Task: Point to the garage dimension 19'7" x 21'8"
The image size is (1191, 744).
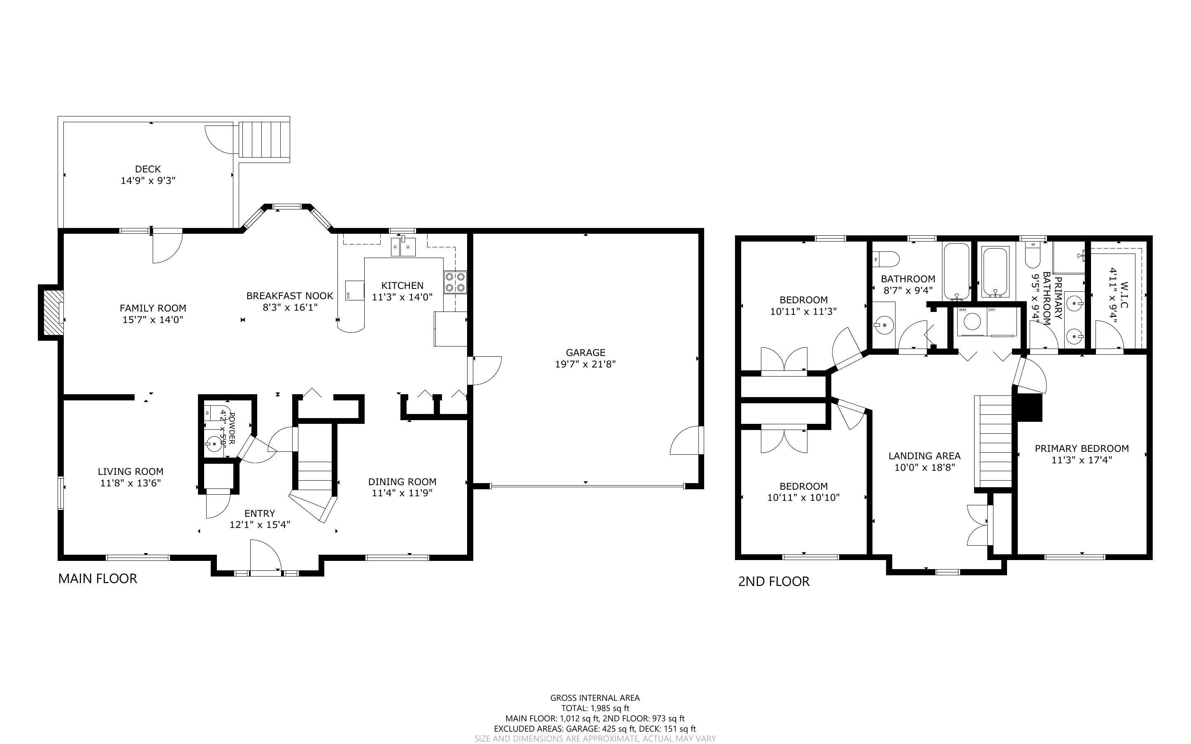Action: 585,364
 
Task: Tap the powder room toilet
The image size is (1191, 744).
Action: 212,412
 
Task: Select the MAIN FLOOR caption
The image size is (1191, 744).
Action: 98,579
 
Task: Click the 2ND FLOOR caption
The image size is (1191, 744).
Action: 773,581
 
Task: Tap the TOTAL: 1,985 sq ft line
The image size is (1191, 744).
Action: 595,708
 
